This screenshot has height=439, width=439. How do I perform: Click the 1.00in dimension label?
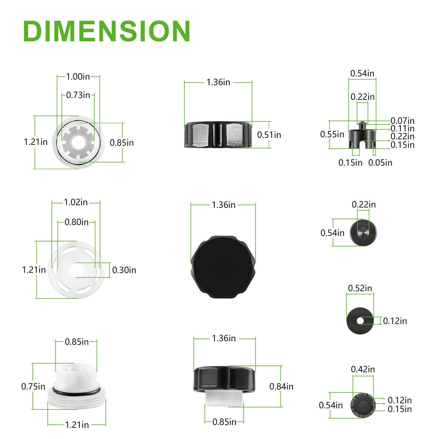(78, 77)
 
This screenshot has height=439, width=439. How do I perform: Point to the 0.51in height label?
(269, 135)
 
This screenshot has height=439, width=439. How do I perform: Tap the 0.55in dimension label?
(332, 134)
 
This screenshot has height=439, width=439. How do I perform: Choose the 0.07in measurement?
(403, 121)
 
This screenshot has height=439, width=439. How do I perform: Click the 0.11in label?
(403, 128)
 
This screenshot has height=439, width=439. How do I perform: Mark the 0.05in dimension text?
(380, 162)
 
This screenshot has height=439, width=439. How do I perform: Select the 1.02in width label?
(76, 202)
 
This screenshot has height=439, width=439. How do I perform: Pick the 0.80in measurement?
(76, 222)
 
